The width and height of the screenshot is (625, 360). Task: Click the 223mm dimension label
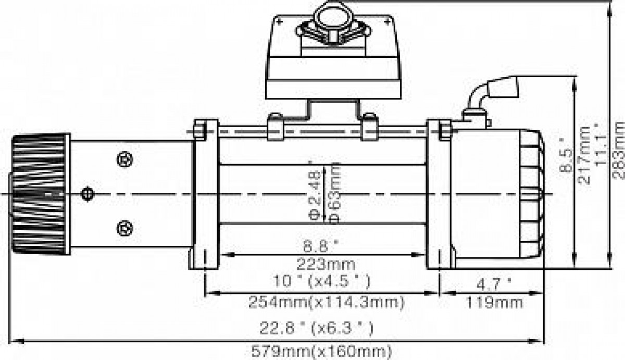pos(326,264)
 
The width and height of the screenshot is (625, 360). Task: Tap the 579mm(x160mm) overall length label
pos(322,352)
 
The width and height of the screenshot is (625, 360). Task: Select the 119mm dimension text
pos(494,303)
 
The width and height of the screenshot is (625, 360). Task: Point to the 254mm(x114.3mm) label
pos(326,302)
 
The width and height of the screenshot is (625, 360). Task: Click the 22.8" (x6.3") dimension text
pos(316,328)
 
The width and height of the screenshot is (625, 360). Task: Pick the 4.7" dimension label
pos(494,284)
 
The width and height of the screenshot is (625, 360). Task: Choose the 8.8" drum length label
pos(321,246)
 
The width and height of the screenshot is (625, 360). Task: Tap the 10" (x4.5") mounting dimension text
pos(321,281)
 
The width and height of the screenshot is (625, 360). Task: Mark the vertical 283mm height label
pos(618,150)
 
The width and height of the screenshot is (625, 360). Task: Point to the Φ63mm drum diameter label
pos(334,193)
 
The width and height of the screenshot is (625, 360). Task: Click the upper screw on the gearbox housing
pos(124,159)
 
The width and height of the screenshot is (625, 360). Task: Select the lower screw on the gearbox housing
pos(124,228)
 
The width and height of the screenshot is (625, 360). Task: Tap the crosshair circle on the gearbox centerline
pos(87,194)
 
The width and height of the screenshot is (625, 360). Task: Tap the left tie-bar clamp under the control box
pos(276,127)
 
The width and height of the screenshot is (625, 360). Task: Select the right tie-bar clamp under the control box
pos(370,127)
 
